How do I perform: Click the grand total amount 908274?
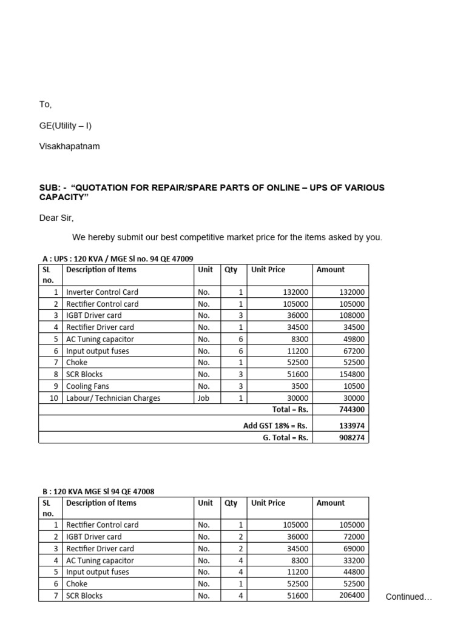[351, 437]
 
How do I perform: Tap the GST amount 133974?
[351, 425]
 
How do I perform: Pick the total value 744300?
[352, 410]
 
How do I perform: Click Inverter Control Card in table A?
[102, 292]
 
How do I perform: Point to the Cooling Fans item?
[87, 386]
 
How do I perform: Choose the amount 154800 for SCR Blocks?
[351, 375]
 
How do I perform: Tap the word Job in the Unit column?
[203, 398]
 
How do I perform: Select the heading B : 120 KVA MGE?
[98, 491]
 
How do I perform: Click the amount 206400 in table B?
[351, 596]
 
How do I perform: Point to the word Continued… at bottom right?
[409, 597]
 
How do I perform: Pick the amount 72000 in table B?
[353, 537]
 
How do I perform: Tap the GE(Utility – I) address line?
[66, 126]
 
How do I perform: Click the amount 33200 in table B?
[353, 561]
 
